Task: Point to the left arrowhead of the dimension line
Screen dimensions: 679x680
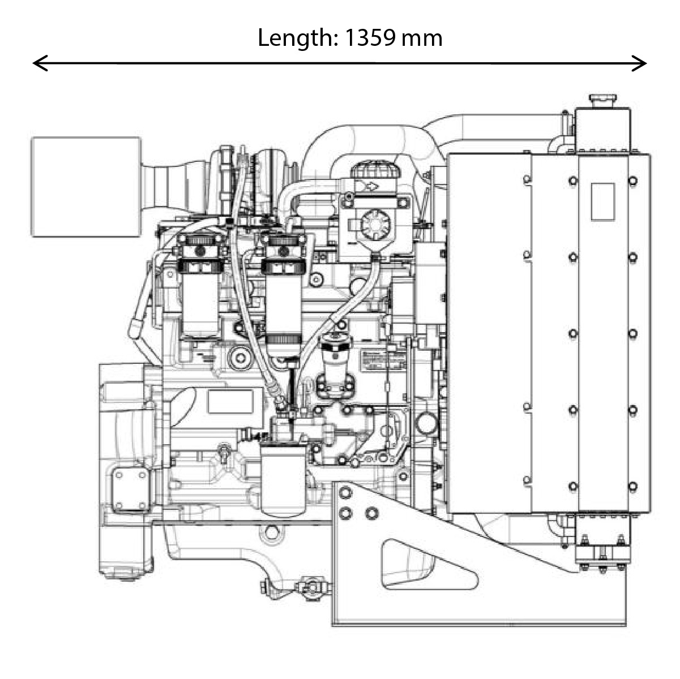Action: [37, 63]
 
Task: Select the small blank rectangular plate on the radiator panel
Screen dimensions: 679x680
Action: [602, 201]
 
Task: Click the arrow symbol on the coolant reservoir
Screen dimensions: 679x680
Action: [371, 186]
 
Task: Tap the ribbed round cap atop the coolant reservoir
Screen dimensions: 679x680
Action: [374, 170]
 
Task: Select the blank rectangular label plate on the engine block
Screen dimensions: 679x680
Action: [230, 401]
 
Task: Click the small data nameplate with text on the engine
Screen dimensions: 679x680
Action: [384, 360]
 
